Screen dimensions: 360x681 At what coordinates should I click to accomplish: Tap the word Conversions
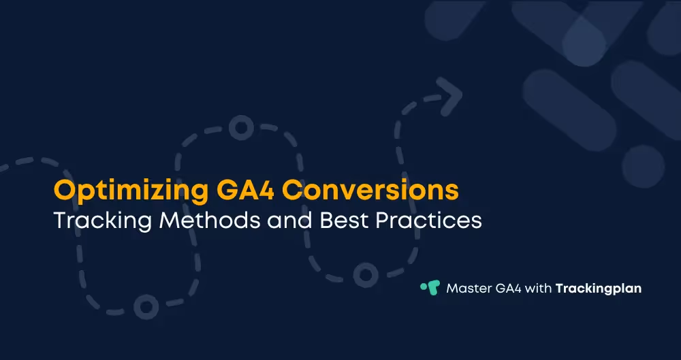click(370, 191)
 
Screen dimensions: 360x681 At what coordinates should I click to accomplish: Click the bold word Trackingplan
click(599, 289)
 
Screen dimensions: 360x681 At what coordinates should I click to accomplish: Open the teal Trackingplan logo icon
click(430, 288)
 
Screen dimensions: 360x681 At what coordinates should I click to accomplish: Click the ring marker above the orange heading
click(240, 127)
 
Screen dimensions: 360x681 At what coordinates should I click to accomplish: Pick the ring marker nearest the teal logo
click(366, 274)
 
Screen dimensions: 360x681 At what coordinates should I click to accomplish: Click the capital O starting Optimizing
click(64, 191)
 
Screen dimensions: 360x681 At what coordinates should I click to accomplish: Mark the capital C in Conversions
click(293, 191)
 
